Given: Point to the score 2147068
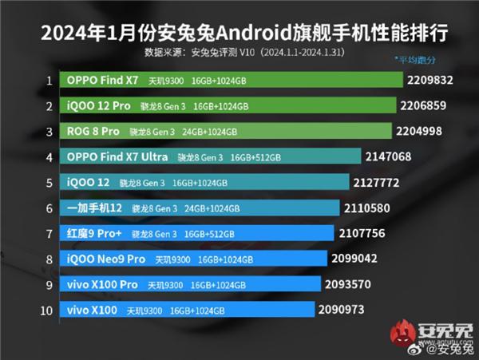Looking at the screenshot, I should (389, 156).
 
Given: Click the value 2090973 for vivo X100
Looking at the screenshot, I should (342, 310).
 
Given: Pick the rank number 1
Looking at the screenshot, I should (49, 80).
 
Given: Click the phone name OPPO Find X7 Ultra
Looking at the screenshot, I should (117, 156).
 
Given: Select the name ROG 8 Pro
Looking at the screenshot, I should (93, 131).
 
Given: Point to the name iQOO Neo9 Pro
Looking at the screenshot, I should (107, 259).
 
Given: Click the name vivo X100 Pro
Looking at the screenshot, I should (103, 284).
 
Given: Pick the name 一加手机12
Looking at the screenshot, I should (95, 208).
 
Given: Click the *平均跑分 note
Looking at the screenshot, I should (415, 60).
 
